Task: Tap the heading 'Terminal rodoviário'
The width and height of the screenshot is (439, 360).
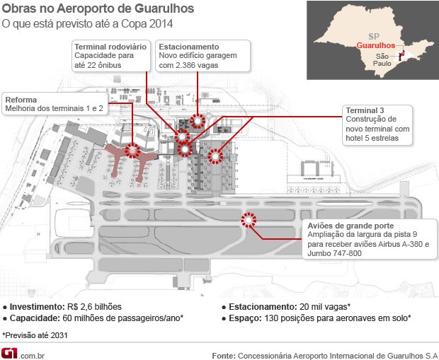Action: [x=110, y=47]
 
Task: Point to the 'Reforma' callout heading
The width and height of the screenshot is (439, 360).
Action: [x=21, y=100]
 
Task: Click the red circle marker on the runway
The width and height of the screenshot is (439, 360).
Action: [x=249, y=220]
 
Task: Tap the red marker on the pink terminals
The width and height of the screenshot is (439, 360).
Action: [x=132, y=150]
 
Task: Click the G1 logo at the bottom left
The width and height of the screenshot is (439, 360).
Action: [x=11, y=352]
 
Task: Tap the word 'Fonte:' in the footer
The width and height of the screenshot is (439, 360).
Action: [x=224, y=354]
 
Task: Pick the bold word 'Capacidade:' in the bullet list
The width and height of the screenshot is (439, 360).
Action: [x=32, y=318]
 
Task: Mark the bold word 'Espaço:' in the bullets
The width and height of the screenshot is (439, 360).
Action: [x=246, y=318]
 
